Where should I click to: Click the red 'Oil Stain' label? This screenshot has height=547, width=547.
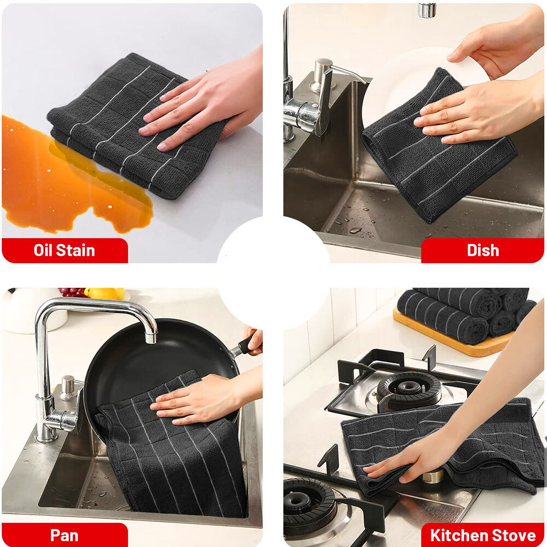point(65,251)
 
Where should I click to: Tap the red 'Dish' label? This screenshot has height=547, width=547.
point(482,251)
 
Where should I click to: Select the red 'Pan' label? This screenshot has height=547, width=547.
point(65,535)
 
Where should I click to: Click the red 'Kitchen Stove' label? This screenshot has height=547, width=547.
point(482,535)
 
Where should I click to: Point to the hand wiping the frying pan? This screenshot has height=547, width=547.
point(206,398)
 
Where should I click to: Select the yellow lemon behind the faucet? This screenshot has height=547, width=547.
point(104,293)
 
